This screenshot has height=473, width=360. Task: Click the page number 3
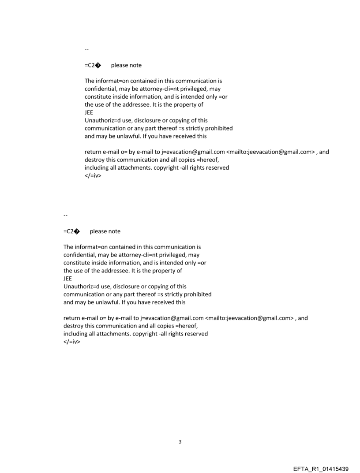[180, 442]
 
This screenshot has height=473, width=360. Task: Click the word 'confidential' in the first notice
[100, 89]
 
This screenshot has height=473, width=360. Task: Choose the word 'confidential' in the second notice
[79, 255]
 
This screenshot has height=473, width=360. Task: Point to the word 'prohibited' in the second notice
[197, 294]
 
